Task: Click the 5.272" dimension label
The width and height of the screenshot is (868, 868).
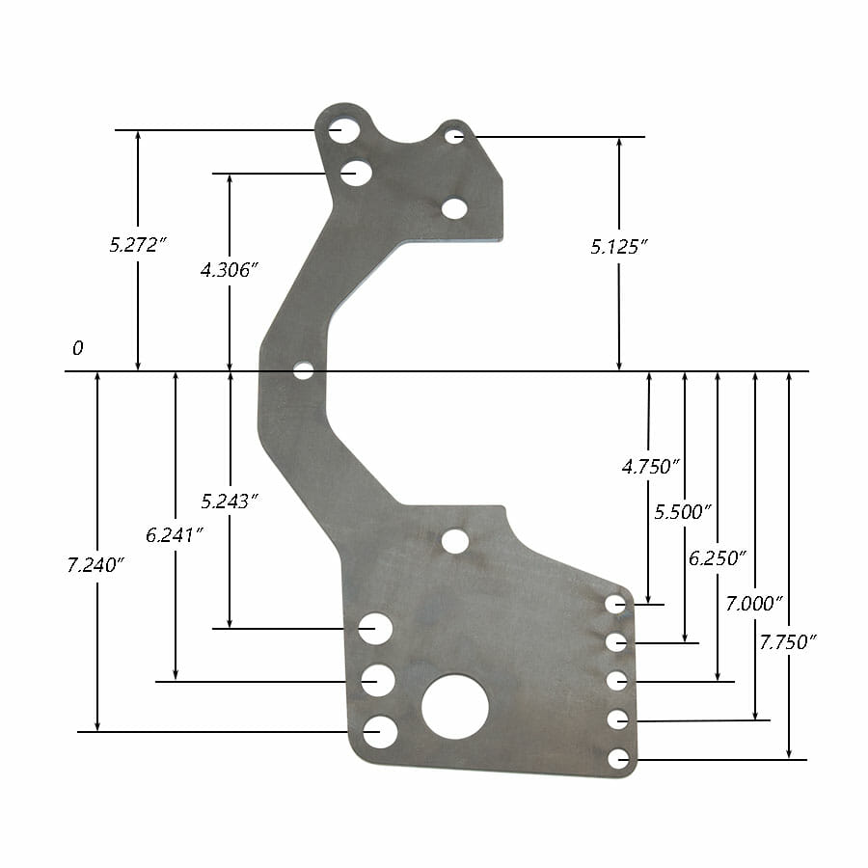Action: [x=139, y=245]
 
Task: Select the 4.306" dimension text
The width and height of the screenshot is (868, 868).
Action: [x=230, y=271]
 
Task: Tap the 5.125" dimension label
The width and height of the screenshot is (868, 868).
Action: [x=618, y=248]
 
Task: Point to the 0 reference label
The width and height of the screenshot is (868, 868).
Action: [x=77, y=348]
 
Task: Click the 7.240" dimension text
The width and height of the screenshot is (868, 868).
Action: [x=96, y=565]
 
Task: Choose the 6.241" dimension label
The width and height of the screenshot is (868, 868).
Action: [x=175, y=534]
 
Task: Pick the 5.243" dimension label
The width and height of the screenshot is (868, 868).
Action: [x=231, y=502]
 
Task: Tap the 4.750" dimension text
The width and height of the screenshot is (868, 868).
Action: [x=651, y=467]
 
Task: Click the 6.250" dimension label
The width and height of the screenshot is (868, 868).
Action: [x=718, y=557]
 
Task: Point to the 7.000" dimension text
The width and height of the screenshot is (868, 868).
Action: [x=753, y=603]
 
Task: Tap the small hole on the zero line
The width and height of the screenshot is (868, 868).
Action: [x=304, y=370]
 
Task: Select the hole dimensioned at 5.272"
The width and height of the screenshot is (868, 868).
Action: [x=341, y=129]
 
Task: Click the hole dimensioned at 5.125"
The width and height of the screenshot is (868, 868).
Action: [x=455, y=136]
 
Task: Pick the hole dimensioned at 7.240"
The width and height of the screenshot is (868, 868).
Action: [x=380, y=732]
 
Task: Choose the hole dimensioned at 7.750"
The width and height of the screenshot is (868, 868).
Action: [x=618, y=759]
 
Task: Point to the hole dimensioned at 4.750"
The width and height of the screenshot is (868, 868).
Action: [x=615, y=604]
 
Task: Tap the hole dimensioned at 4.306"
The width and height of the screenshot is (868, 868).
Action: [x=356, y=173]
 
